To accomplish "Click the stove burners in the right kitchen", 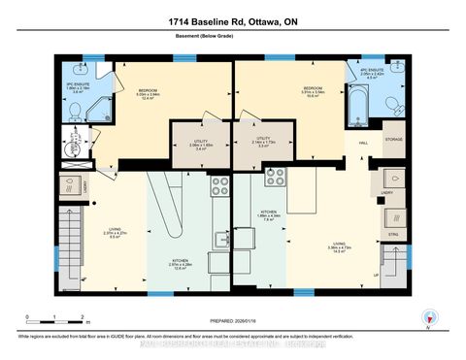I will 275,177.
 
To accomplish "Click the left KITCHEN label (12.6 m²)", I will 182,264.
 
